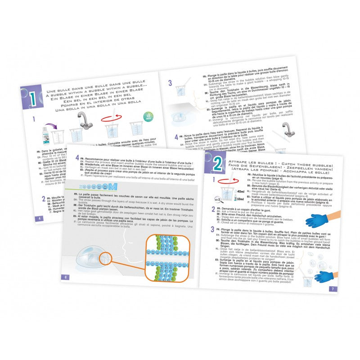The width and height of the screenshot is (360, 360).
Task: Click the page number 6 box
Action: coord(66,277)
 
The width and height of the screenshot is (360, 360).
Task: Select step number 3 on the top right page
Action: coord(171,82)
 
